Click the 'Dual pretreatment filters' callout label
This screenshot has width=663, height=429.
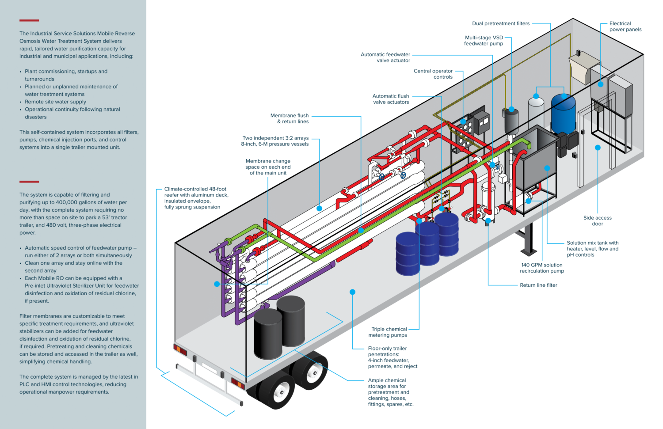(500, 23)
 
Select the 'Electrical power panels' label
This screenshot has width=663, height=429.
(625, 27)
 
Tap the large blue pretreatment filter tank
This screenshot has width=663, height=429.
(563, 114)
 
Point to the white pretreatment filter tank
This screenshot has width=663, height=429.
(536, 110)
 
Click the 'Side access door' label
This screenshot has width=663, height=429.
(597, 220)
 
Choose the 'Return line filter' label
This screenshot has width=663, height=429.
(538, 285)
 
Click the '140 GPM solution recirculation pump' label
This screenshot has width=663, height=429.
(541, 268)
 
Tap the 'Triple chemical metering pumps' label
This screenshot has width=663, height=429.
(389, 332)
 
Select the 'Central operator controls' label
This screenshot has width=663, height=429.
(433, 74)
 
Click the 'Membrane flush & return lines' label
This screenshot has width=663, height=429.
(290, 118)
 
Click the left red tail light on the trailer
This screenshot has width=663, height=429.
(181, 351)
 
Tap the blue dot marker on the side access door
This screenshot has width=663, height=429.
(598, 148)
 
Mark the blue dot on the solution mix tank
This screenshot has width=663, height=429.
(547, 168)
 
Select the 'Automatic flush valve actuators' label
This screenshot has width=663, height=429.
(391, 99)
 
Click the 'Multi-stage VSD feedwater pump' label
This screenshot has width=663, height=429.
(484, 41)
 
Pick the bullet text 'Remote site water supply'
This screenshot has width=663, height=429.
(55, 102)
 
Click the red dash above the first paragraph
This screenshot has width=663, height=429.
(29, 20)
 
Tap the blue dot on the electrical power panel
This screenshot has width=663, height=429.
(601, 84)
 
